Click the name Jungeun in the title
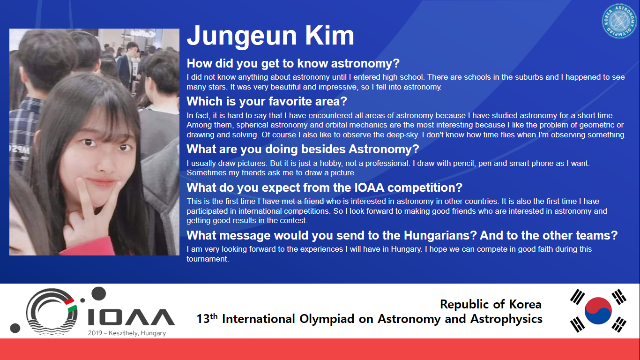[x=242, y=36]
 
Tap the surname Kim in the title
[x=330, y=36]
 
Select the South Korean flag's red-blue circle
[x=598, y=310]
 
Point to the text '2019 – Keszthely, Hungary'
[x=127, y=333]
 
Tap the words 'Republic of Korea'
[x=491, y=304]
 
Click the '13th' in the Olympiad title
[x=207, y=318]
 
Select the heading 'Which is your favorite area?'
[x=267, y=101]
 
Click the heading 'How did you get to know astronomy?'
[x=293, y=63]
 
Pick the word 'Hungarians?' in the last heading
[x=440, y=235]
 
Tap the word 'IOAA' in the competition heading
[x=369, y=187]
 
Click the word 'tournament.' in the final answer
[x=208, y=259]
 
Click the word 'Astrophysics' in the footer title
[x=506, y=319]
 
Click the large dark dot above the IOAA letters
[x=98, y=293]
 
